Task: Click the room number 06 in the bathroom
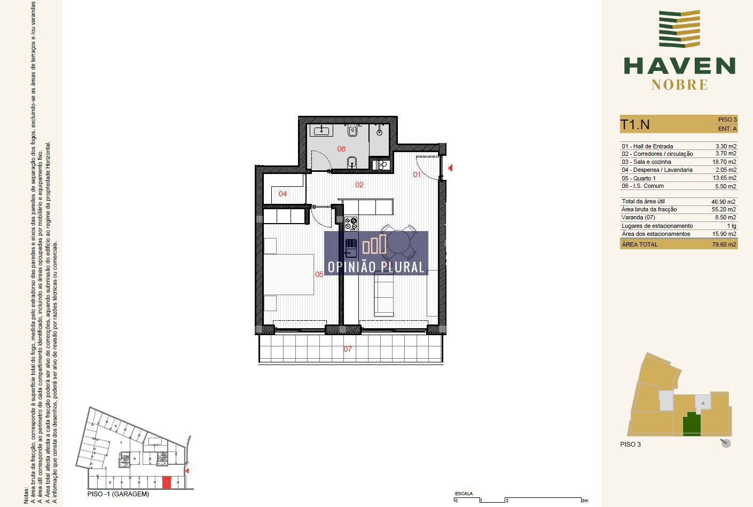pos(341,149)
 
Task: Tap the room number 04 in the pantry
pos(283,194)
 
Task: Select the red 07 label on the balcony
pos(348,349)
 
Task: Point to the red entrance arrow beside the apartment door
pos(450,168)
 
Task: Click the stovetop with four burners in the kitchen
pos(351,224)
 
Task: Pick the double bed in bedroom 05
pos(289,274)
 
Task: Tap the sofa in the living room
pos(384,294)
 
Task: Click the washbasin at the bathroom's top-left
pos(321,130)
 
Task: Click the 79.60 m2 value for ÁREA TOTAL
pos(724,244)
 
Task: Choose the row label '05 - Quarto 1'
pos(639,178)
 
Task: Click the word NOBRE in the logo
pos(680,85)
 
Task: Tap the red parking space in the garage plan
pos(167,482)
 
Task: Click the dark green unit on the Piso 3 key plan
pos(692,424)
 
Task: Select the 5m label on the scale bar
pos(585,501)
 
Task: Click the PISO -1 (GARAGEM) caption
pos(118,494)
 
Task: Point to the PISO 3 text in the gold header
pos(727,120)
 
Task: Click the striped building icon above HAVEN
pos(679,29)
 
